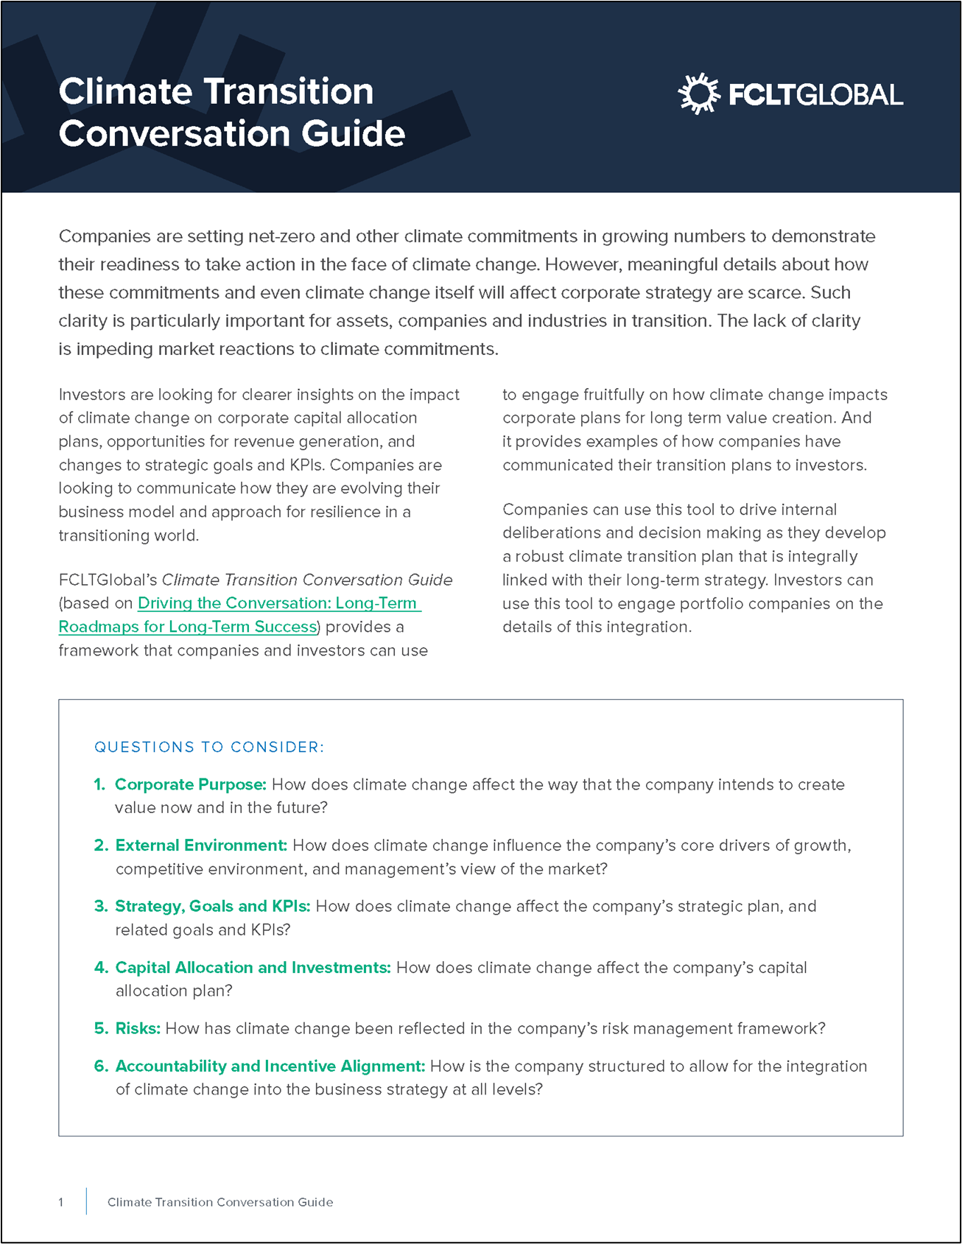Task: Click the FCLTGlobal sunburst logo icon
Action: click(698, 94)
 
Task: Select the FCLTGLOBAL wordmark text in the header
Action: click(815, 95)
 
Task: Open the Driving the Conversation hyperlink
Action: click(278, 603)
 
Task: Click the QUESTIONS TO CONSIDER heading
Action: click(209, 747)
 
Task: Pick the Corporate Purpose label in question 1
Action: click(190, 784)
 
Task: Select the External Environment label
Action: click(200, 846)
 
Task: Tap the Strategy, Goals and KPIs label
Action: click(212, 906)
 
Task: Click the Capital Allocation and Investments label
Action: click(253, 967)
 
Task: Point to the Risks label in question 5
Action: click(138, 1028)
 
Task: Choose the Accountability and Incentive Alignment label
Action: click(270, 1066)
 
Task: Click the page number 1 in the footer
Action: click(61, 1202)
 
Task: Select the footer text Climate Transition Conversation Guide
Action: click(220, 1202)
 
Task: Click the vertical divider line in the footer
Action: click(86, 1201)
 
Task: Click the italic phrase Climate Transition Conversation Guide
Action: click(306, 580)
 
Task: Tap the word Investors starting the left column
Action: click(90, 395)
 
